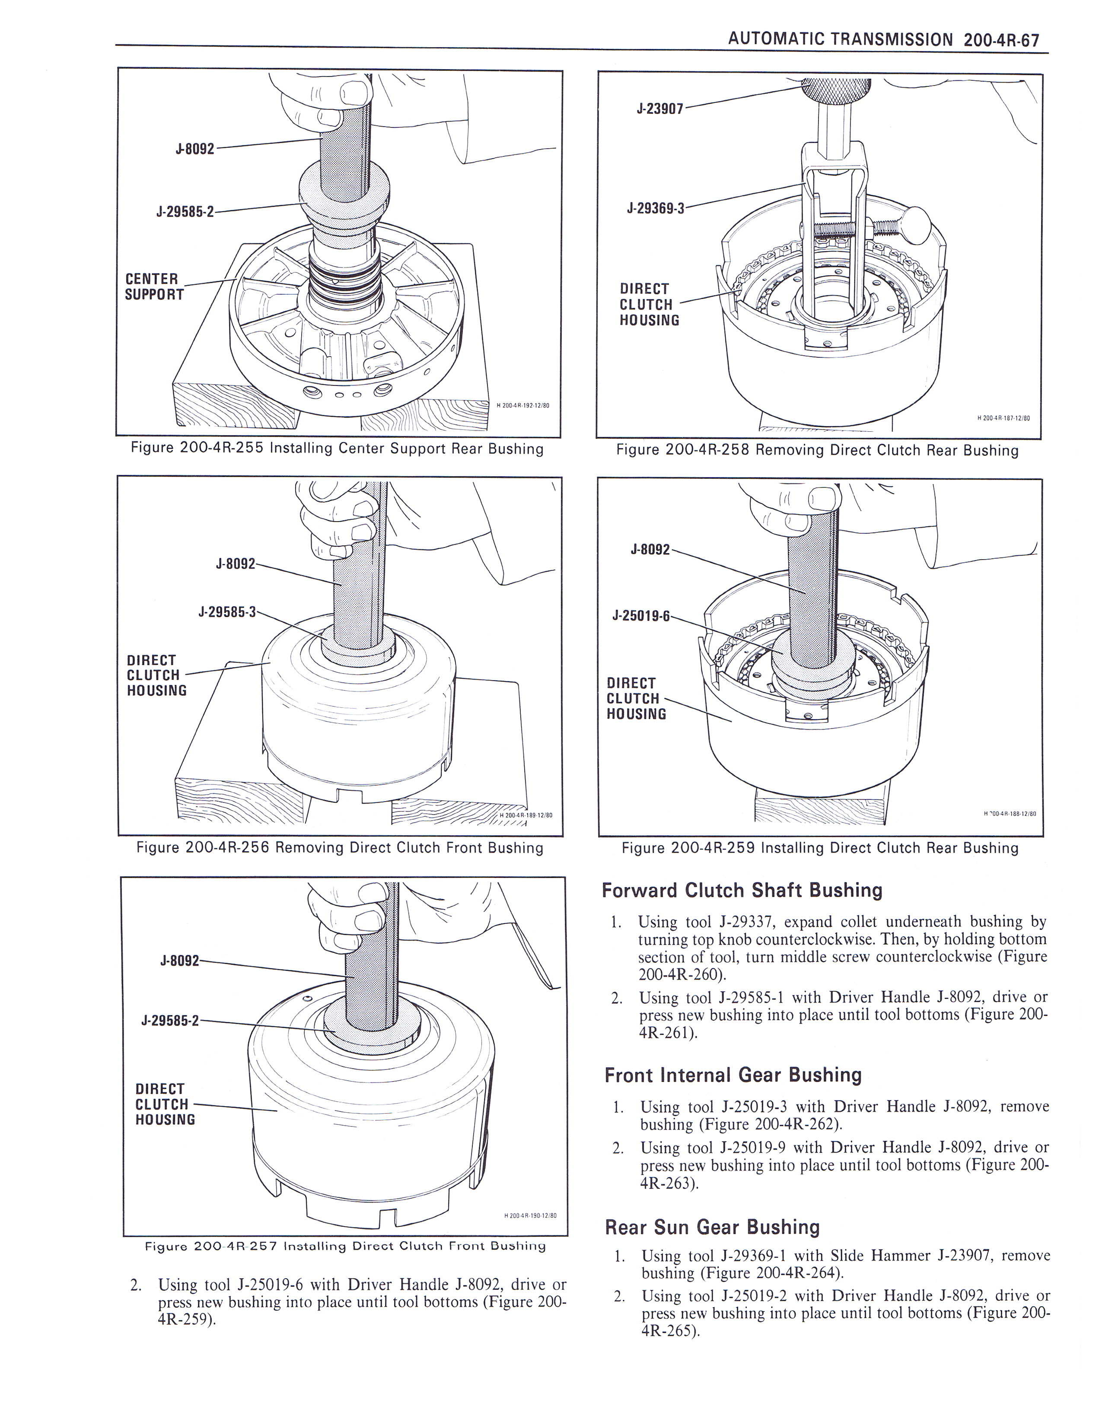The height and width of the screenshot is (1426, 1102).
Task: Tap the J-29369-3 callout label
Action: point(656,208)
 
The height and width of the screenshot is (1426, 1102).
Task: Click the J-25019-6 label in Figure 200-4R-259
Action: point(640,616)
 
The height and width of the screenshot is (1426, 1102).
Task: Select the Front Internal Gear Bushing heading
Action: point(733,1076)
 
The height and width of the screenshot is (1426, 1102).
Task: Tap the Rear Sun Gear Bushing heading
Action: point(712,1228)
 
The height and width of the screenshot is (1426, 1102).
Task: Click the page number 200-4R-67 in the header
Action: point(1000,40)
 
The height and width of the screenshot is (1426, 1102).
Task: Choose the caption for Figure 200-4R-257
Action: point(345,1246)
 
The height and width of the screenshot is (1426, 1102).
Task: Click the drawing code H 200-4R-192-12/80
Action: point(523,405)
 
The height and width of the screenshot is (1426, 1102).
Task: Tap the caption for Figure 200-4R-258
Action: point(817,451)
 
